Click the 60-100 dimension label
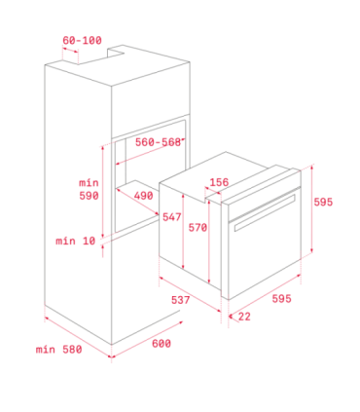(x=82, y=40)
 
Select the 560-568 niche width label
(x=158, y=142)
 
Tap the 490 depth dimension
(x=143, y=196)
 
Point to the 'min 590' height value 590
(x=89, y=196)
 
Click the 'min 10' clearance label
(x=76, y=241)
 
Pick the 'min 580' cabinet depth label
(x=58, y=350)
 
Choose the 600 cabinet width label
(x=162, y=344)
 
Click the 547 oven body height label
(x=172, y=217)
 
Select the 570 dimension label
(x=198, y=228)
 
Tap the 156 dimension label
(x=219, y=182)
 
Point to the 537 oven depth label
(x=180, y=300)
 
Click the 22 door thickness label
(x=244, y=317)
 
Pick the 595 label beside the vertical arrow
(x=323, y=203)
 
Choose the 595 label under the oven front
(x=281, y=299)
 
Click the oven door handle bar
(x=265, y=213)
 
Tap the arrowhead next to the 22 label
(x=231, y=316)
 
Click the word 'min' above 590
(x=89, y=183)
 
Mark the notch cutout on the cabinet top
(x=116, y=53)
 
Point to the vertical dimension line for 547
(x=183, y=232)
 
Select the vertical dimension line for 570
(x=209, y=242)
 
